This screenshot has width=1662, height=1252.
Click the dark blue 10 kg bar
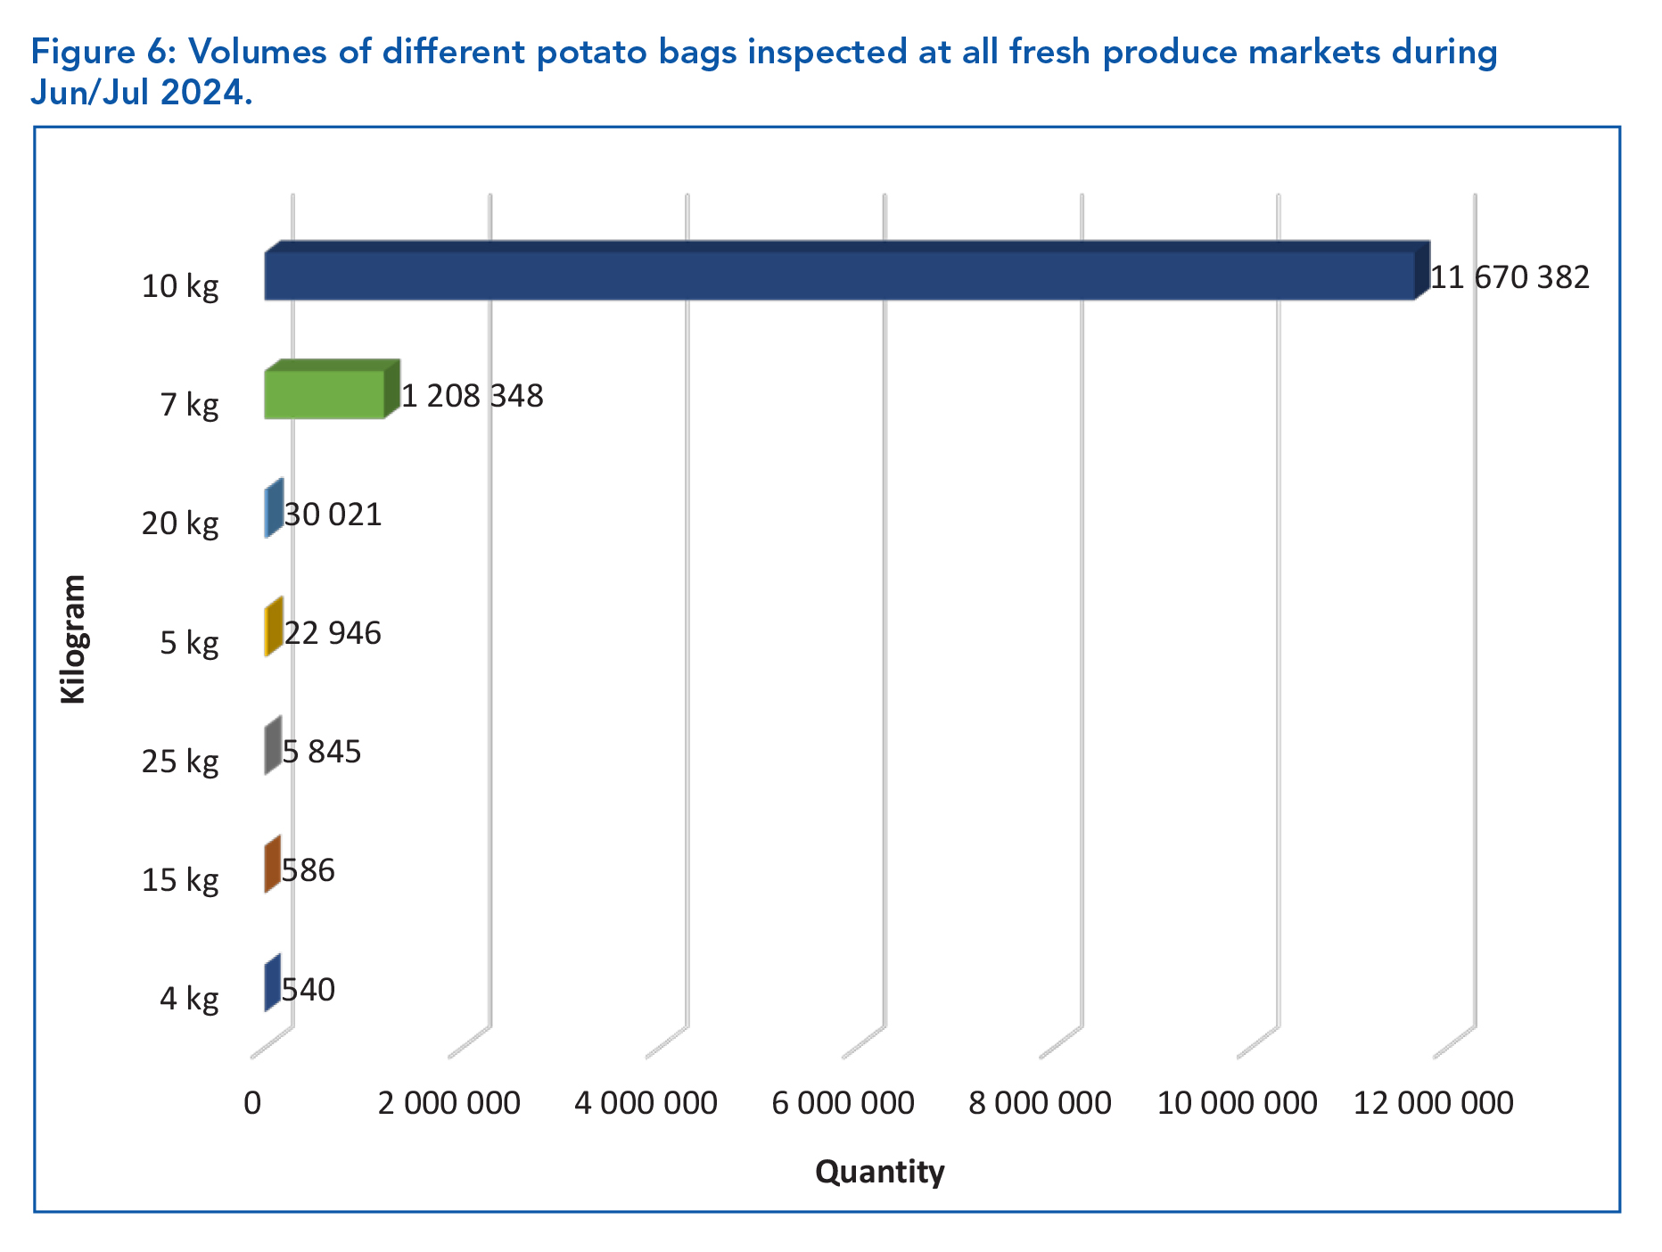tap(838, 275)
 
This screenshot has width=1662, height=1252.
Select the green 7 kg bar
tap(325, 394)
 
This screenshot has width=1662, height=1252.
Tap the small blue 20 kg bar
tap(273, 509)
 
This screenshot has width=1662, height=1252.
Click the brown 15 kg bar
tap(272, 864)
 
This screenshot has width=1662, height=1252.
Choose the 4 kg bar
tap(272, 984)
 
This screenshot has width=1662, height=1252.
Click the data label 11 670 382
tap(1510, 277)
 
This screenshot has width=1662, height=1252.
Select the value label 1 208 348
tap(472, 396)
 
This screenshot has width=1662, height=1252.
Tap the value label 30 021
tap(333, 515)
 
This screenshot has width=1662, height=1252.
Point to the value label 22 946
tap(333, 633)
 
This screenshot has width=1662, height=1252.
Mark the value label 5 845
tap(322, 752)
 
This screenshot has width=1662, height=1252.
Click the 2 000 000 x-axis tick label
tap(448, 1103)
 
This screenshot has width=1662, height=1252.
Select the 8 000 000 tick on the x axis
tap(1040, 1103)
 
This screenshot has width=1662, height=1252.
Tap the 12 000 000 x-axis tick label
tap(1433, 1103)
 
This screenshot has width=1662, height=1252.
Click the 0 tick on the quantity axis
tap(252, 1103)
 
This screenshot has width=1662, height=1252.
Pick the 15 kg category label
tap(180, 880)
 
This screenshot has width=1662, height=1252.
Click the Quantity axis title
tap(879, 1171)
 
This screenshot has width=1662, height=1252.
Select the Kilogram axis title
tap(74, 638)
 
